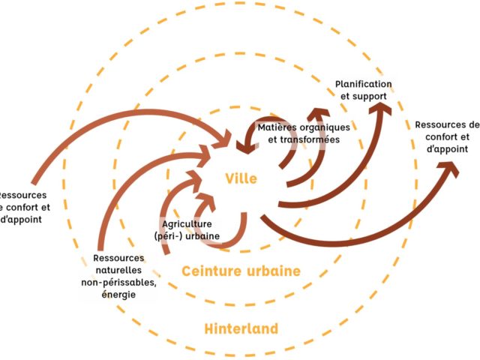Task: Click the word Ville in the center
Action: [241, 178]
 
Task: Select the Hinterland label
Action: [241, 328]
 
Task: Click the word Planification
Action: [364, 84]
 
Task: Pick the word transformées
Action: [310, 139]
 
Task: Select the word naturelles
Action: [118, 270]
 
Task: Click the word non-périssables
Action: [118, 282]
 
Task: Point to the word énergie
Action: [118, 294]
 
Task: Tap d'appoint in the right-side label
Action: [447, 149]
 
